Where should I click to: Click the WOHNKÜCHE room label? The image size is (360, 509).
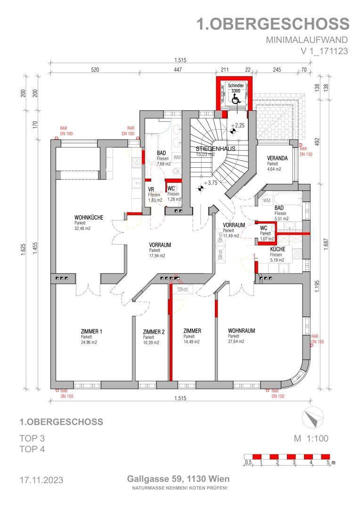[x=89, y=217]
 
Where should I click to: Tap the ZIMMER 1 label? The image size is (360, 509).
[x=91, y=331]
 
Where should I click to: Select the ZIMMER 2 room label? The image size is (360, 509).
[x=154, y=332]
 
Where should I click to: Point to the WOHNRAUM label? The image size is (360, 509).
[x=241, y=331]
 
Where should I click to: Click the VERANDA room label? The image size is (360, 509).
[x=277, y=158]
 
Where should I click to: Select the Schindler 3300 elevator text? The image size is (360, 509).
[x=236, y=88]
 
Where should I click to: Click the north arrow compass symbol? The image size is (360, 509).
[x=311, y=417]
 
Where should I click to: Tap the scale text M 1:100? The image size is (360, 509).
[x=311, y=439]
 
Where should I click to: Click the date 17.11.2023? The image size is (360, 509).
[x=41, y=480]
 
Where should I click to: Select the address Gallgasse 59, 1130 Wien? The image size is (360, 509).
[x=178, y=479]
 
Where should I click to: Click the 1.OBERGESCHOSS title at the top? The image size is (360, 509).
[x=273, y=24]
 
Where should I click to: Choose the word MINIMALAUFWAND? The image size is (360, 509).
[x=307, y=40]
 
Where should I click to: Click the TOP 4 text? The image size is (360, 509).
[x=32, y=449]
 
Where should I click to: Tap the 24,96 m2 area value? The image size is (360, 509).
[x=89, y=343]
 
